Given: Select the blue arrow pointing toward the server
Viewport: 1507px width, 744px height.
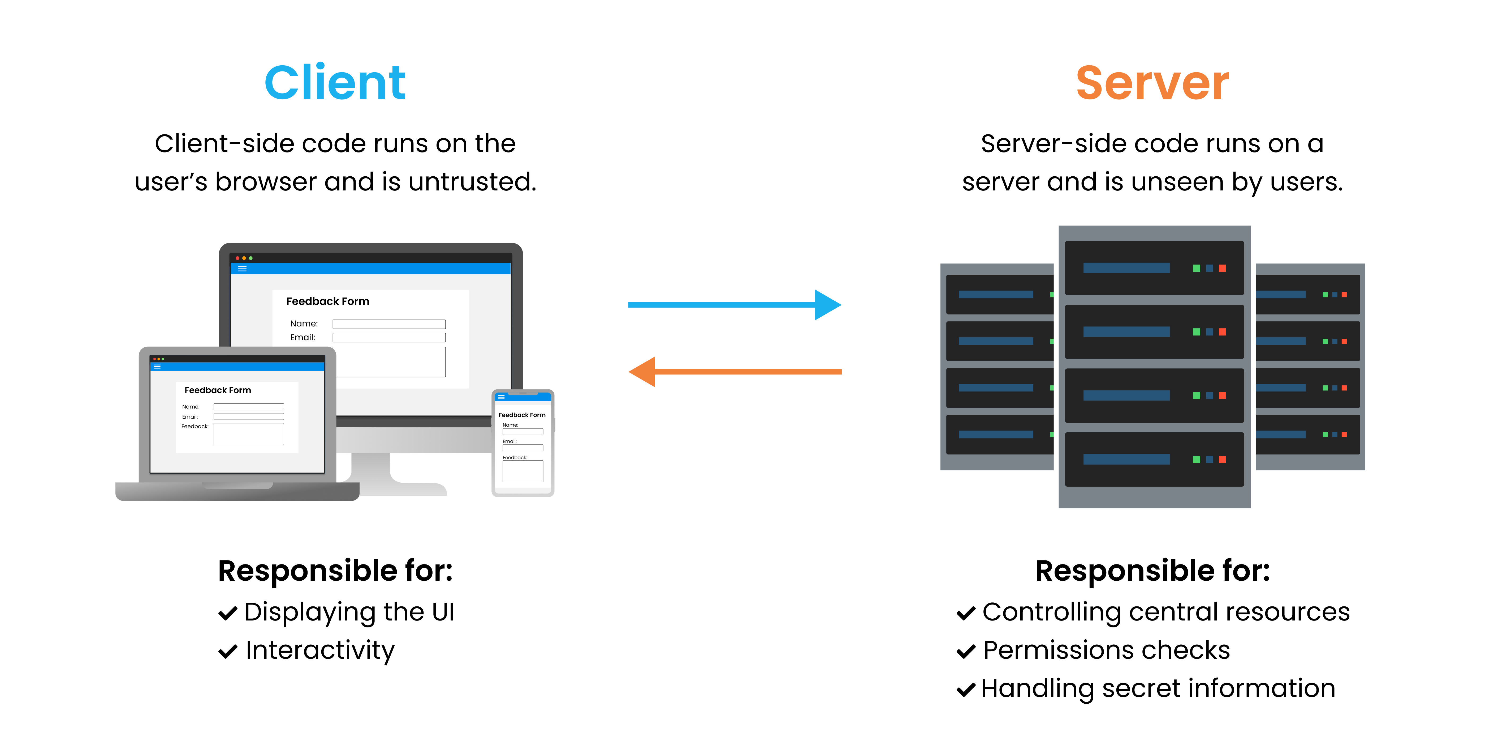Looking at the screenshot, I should (x=734, y=304).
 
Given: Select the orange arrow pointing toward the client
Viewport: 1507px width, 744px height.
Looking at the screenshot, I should (x=734, y=372).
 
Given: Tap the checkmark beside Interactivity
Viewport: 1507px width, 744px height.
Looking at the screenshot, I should (x=228, y=652).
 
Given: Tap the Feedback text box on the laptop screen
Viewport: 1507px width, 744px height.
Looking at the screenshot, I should (x=249, y=434).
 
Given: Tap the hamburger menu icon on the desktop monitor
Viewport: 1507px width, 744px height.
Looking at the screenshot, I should (x=242, y=269).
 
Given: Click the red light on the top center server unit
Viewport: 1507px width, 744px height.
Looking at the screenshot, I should (x=1222, y=268).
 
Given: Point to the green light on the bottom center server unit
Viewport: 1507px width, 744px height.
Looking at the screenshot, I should (x=1196, y=460).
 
